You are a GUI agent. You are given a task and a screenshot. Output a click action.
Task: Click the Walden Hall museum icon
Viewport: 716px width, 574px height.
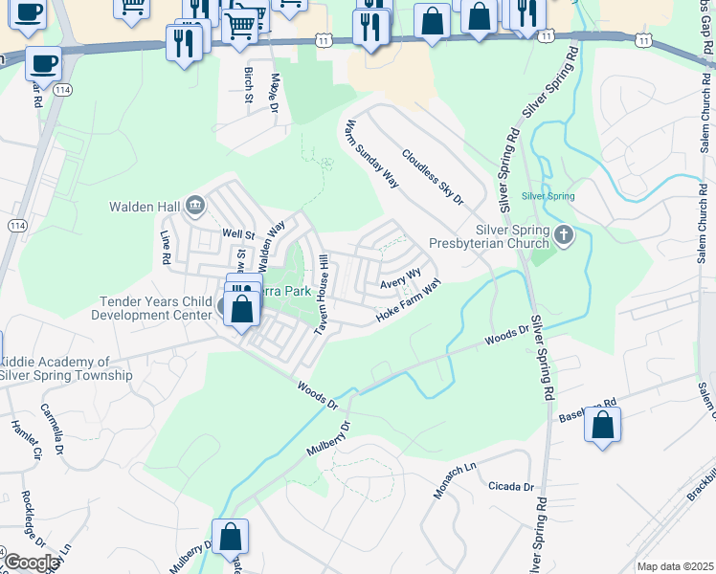coord(195,204)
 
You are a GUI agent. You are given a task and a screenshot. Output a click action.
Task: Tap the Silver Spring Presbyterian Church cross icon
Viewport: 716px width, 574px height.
coord(565,234)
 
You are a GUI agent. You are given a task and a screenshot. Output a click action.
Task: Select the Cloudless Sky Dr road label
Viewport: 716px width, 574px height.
coord(433,177)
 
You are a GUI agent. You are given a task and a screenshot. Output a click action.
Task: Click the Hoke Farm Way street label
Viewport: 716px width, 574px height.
coord(409,300)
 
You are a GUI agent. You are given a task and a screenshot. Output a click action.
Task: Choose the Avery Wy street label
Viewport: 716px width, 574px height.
coord(400,278)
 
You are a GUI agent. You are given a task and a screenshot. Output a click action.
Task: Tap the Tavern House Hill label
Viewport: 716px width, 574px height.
coord(324,295)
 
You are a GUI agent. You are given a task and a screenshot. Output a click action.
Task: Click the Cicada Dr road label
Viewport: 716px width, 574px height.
coord(509,486)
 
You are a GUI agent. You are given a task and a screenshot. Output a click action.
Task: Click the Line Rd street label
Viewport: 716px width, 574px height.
coord(165,247)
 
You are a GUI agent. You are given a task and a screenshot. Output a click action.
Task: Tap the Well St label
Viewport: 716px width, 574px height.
coord(238,233)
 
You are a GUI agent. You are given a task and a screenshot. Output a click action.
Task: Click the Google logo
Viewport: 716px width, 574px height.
coord(31,563)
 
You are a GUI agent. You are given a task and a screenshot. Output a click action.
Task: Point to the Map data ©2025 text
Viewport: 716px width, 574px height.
coord(675,566)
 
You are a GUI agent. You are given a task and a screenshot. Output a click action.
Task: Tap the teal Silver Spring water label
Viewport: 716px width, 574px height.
coord(548,196)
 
